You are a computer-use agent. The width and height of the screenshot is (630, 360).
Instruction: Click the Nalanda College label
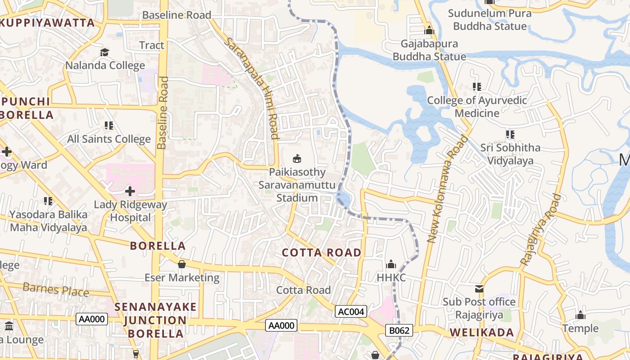pos(105,65)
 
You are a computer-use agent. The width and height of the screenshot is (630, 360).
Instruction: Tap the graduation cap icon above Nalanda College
pos(105,53)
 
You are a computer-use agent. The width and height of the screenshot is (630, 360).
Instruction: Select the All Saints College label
pos(108,139)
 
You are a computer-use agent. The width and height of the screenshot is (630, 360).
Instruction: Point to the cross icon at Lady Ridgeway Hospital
pos(130,191)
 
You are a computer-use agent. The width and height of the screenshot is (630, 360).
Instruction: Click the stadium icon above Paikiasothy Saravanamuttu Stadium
pos(297,159)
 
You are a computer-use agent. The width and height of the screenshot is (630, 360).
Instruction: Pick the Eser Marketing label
pos(182,278)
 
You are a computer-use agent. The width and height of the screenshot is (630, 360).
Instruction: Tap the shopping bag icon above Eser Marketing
pos(182,264)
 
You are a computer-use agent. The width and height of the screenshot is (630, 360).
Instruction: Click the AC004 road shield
pos(351,311)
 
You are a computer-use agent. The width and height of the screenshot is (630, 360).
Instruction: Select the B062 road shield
pos(399,331)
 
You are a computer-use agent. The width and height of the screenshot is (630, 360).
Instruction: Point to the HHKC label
pos(391,278)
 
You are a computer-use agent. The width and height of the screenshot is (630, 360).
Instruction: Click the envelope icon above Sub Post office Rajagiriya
pos(479,288)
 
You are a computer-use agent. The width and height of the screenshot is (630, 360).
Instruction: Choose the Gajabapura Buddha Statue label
pos(429,50)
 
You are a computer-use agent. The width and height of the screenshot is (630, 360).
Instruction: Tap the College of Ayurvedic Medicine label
pos(477,107)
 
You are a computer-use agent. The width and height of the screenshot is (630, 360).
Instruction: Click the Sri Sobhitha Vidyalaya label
pos(510,154)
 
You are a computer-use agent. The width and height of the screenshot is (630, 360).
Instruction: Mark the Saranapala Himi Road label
pos(252,88)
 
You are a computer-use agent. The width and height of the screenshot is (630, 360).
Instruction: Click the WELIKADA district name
pos(481,333)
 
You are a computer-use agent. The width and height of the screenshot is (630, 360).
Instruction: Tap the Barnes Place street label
pos(56,289)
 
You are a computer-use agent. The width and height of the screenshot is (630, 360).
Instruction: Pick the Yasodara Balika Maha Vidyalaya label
pos(48,221)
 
